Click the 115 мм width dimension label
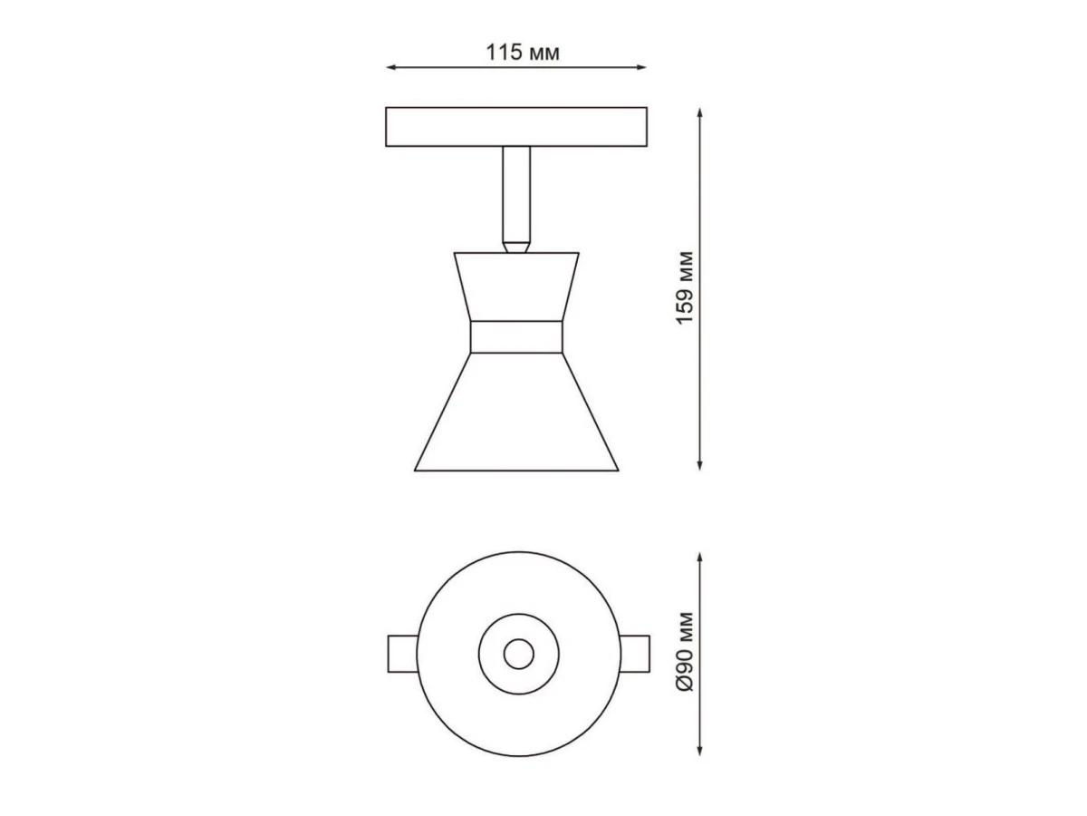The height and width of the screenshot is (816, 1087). click(523, 53)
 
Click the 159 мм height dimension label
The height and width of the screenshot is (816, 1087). click(685, 288)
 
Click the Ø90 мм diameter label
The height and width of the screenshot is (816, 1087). click(685, 652)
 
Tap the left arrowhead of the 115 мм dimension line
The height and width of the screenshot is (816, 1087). click(390, 67)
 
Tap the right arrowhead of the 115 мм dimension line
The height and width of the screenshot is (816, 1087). click(642, 67)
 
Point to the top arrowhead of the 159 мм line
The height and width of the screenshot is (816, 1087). click(699, 112)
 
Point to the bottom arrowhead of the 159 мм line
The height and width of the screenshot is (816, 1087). click(699, 465)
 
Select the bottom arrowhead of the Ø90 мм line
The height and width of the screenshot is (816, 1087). click(699, 751)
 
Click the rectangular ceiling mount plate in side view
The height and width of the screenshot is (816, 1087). click(516, 127)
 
